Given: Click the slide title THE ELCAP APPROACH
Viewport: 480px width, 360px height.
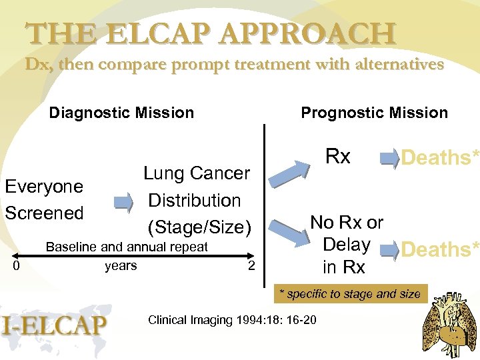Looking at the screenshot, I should [211, 33].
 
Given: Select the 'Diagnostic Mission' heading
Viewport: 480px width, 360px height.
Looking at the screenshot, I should [121, 113].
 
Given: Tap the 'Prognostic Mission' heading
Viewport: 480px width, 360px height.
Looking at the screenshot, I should [374, 113].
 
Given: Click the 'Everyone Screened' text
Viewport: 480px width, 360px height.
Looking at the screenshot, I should [44, 199].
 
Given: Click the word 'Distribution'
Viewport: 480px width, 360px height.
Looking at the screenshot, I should [194, 200].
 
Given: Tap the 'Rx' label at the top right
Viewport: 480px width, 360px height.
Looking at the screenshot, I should [337, 157].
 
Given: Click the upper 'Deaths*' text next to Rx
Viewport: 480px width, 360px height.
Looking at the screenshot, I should [439, 158].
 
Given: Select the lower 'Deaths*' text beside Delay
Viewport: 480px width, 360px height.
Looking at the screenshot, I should [439, 249].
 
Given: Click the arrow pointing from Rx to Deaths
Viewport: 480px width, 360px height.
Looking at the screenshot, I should [387, 159].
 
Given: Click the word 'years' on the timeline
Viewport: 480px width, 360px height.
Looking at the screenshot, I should [121, 266].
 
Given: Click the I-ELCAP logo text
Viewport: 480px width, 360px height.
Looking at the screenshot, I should [55, 325].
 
